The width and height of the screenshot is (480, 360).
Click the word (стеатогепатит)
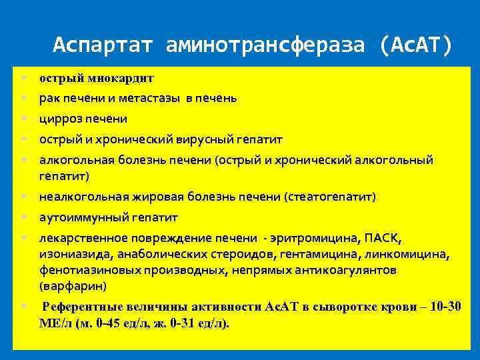coord(330,197)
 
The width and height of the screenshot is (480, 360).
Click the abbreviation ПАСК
coord(385,238)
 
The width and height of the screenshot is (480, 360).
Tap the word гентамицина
coord(312,254)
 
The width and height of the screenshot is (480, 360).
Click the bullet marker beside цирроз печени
coord(23,119)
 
